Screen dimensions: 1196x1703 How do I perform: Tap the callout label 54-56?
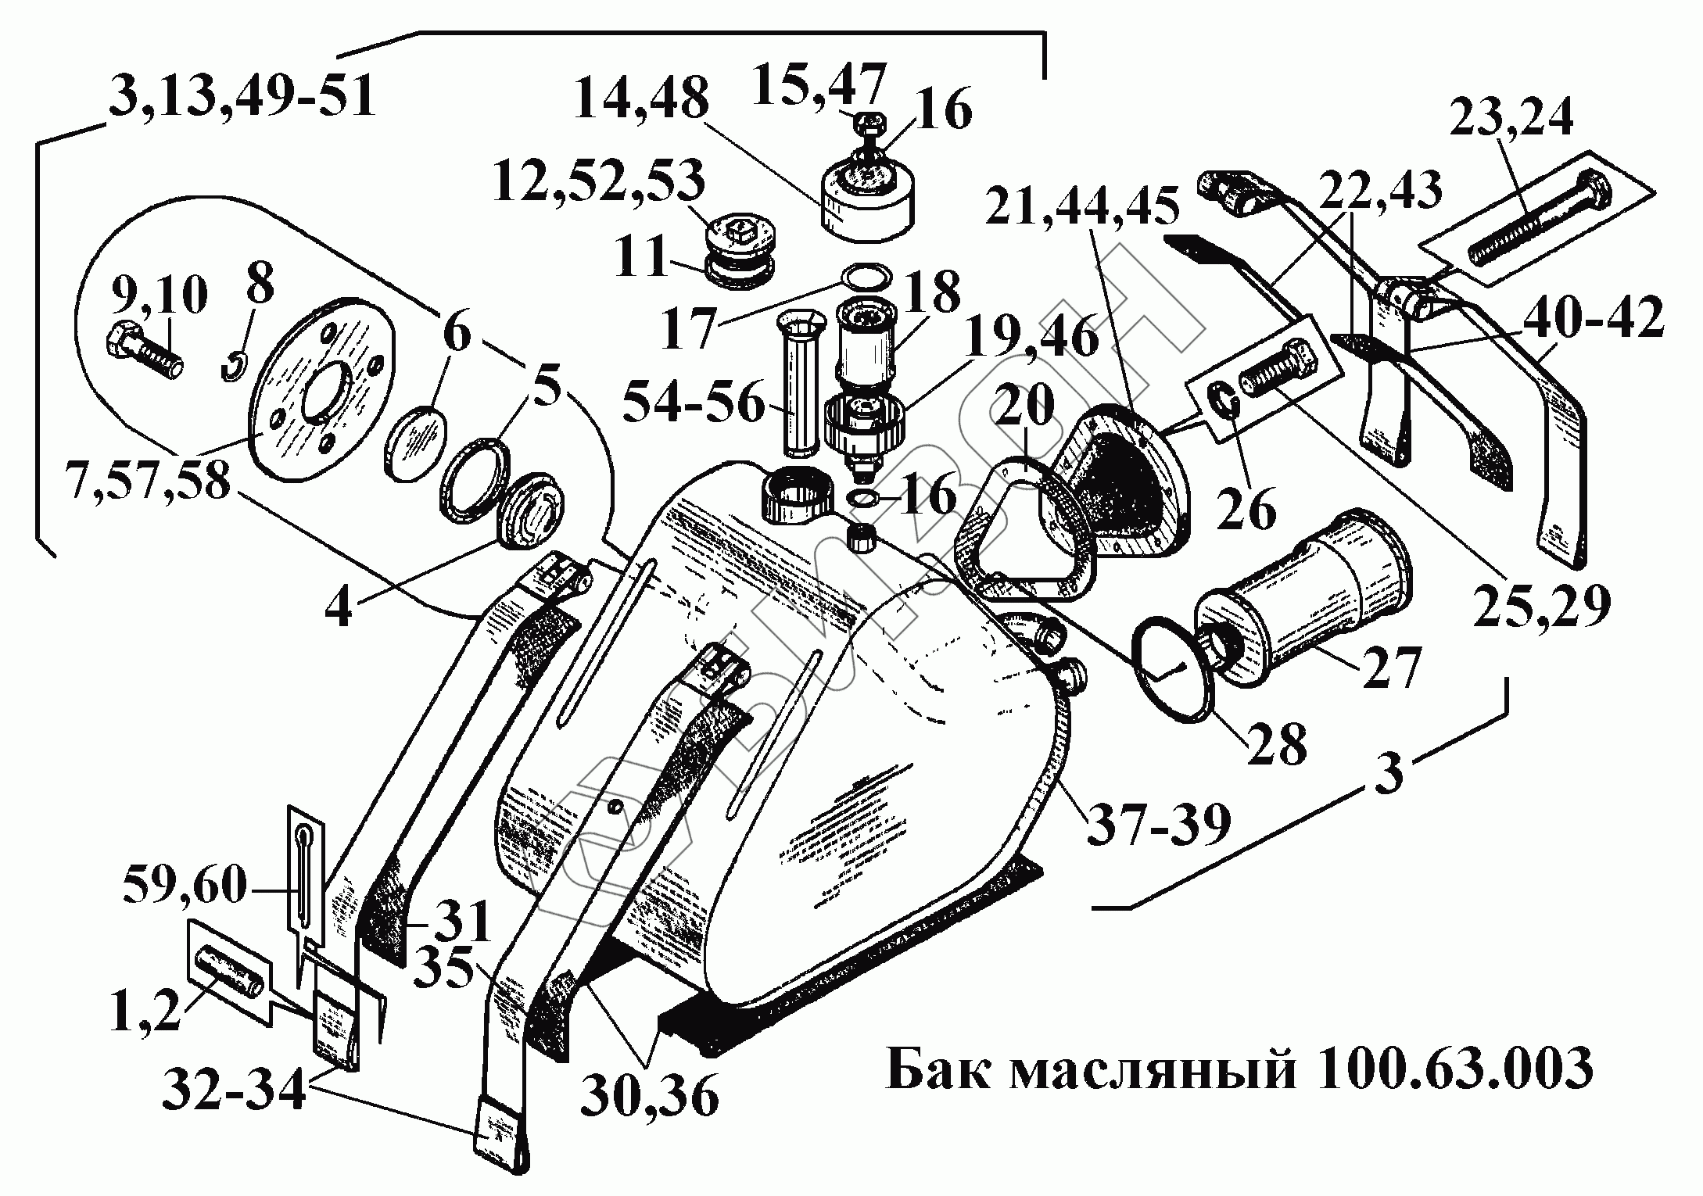pyautogui.click(x=694, y=403)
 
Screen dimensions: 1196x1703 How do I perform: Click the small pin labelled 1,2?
pyautogui.click(x=230, y=968)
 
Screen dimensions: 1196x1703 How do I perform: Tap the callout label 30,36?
pyautogui.click(x=649, y=1094)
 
